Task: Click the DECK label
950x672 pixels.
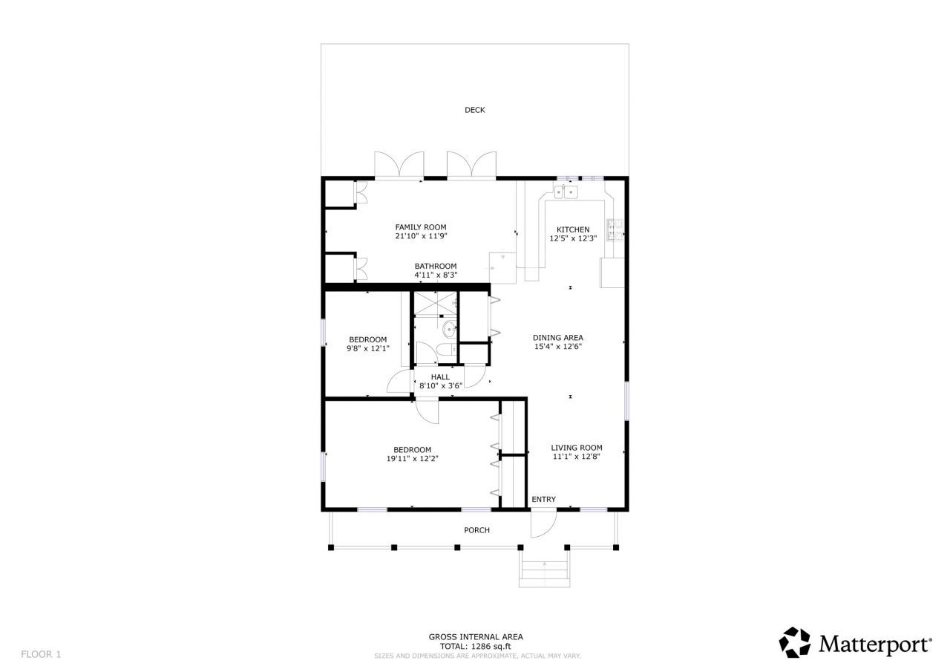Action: click(474, 110)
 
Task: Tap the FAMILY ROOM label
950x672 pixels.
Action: click(420, 227)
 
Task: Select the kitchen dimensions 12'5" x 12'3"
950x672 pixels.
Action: click(573, 239)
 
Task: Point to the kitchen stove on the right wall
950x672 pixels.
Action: click(615, 231)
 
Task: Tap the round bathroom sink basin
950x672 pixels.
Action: click(449, 329)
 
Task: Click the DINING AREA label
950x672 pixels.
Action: click(558, 338)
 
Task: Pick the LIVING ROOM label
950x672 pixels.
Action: click(576, 448)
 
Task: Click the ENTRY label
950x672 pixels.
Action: click(543, 500)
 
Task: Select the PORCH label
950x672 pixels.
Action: click(476, 530)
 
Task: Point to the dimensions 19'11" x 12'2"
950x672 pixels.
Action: click(412, 459)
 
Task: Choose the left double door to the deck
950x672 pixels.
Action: click(399, 166)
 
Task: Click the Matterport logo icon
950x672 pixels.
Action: click(794, 642)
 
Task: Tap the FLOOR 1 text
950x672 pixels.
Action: click(41, 654)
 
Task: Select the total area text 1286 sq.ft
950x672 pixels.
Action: click(476, 647)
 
